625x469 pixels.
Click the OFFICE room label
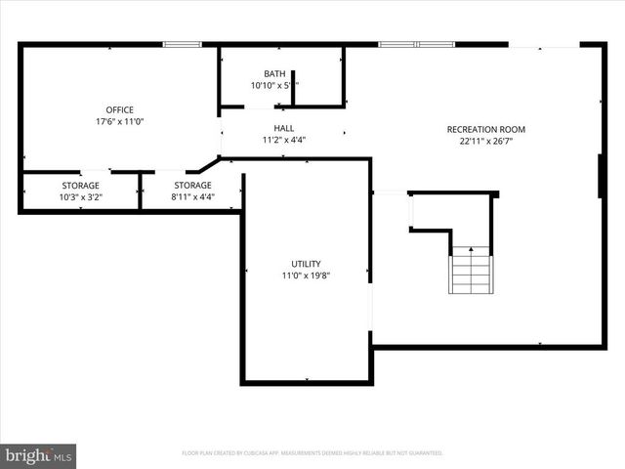120,109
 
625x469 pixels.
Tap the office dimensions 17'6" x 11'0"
120,123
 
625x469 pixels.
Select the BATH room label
275,74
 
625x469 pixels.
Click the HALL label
284,128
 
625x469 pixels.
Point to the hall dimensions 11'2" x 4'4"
284,140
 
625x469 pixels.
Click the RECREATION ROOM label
486,129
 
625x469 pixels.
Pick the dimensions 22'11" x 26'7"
486,143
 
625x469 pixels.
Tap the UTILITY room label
306,264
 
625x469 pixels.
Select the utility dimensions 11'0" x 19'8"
306,277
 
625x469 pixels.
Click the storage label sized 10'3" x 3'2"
80,186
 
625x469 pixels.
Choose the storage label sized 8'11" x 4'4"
192,186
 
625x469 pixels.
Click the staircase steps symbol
470,272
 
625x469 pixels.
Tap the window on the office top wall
182,43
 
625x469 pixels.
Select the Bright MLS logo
39,455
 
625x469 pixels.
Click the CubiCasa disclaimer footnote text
312,453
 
